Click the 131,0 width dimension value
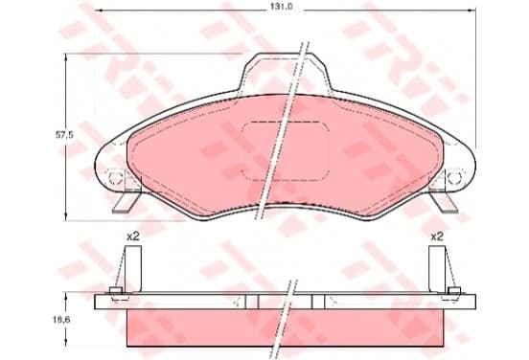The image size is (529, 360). point(285,8)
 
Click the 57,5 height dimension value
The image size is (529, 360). point(64,135)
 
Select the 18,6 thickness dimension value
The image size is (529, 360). point(62,320)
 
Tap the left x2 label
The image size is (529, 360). point(133,236)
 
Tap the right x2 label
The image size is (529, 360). point(437,236)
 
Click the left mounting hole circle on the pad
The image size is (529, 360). point(114,177)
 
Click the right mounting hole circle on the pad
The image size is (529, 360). point(454,177)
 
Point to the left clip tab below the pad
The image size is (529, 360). point(126,202)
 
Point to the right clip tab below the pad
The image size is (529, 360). point(444,202)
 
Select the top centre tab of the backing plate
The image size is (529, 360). point(285,73)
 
